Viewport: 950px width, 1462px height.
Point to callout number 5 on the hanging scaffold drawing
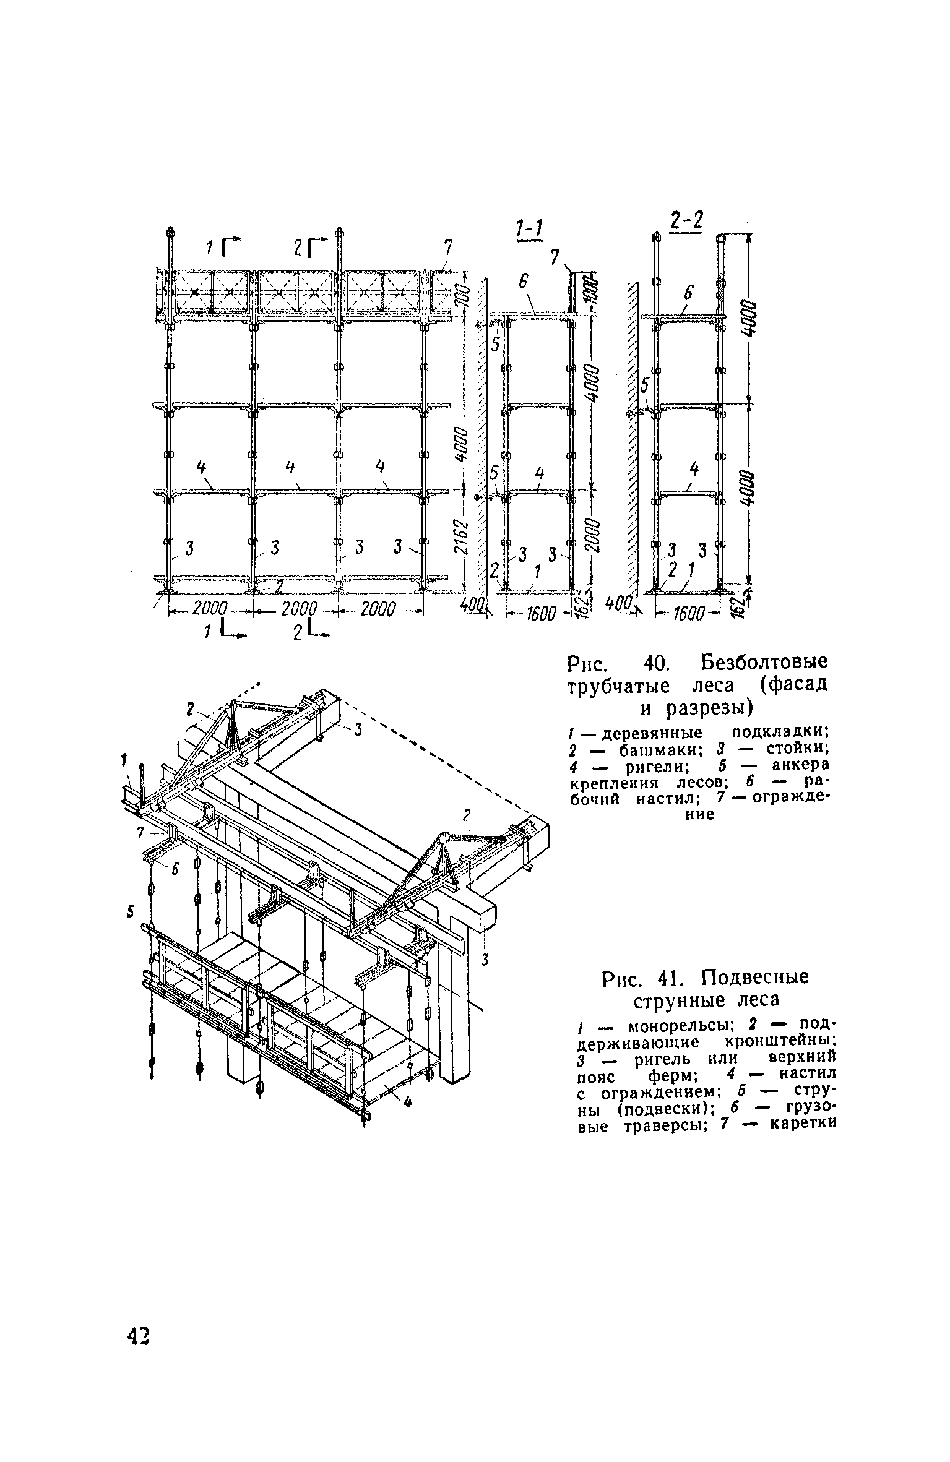point(130,913)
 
